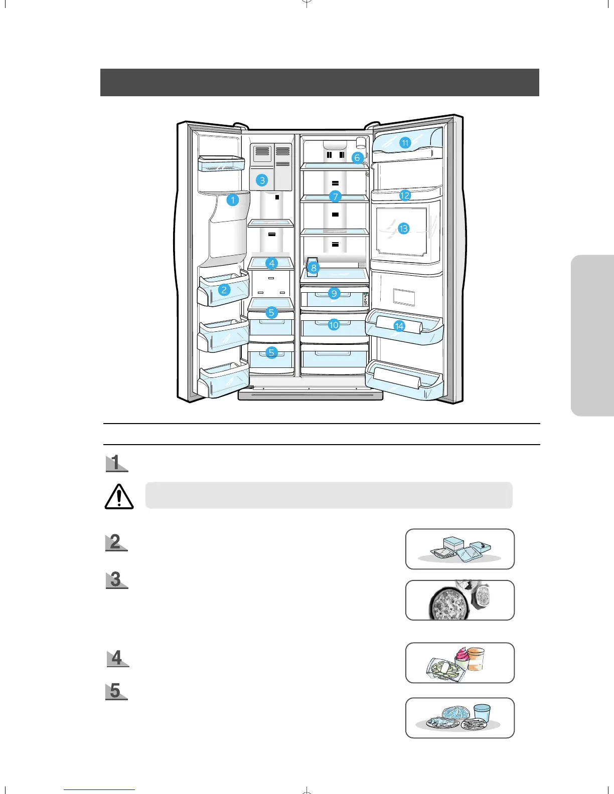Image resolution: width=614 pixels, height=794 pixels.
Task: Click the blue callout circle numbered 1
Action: point(232,200)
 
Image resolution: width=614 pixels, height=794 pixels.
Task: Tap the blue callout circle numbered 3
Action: point(262,180)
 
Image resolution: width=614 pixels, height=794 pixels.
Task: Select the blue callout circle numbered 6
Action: point(357,158)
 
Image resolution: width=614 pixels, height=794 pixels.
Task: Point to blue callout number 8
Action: point(314,268)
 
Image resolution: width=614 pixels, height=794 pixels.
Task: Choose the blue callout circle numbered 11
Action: point(405,143)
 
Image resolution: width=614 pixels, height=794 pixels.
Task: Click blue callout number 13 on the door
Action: point(403,229)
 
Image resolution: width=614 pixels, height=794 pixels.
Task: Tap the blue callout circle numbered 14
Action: point(399,326)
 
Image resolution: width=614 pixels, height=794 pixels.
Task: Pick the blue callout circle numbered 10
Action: point(334,325)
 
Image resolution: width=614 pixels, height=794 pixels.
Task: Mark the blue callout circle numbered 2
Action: point(224,289)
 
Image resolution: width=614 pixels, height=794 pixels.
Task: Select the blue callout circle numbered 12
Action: point(405,195)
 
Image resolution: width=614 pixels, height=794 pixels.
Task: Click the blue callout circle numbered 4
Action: point(272,263)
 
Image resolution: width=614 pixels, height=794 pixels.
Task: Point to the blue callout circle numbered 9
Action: point(334,293)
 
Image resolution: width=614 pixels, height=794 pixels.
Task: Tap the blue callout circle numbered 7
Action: point(336,196)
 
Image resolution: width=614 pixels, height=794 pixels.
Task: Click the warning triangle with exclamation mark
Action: point(119,497)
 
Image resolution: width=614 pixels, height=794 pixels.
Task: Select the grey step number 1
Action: point(116,463)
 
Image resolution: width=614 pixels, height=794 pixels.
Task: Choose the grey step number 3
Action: point(116,579)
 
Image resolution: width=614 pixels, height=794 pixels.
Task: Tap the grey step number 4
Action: point(117,658)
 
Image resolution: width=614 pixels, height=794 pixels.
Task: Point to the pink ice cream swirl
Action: point(462,656)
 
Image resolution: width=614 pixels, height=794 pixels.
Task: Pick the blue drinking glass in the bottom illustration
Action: point(482,712)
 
